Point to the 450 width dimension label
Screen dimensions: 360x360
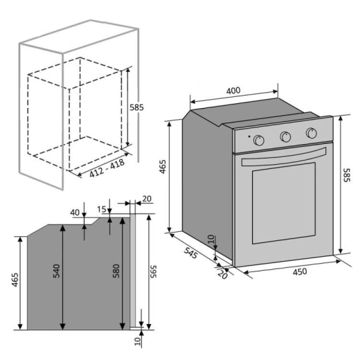pos(299,272)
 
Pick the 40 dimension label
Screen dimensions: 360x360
pos(74,212)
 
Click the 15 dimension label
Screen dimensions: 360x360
pos(102,210)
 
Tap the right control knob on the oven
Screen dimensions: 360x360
pos(311,133)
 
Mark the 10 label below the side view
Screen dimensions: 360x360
pos(138,341)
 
